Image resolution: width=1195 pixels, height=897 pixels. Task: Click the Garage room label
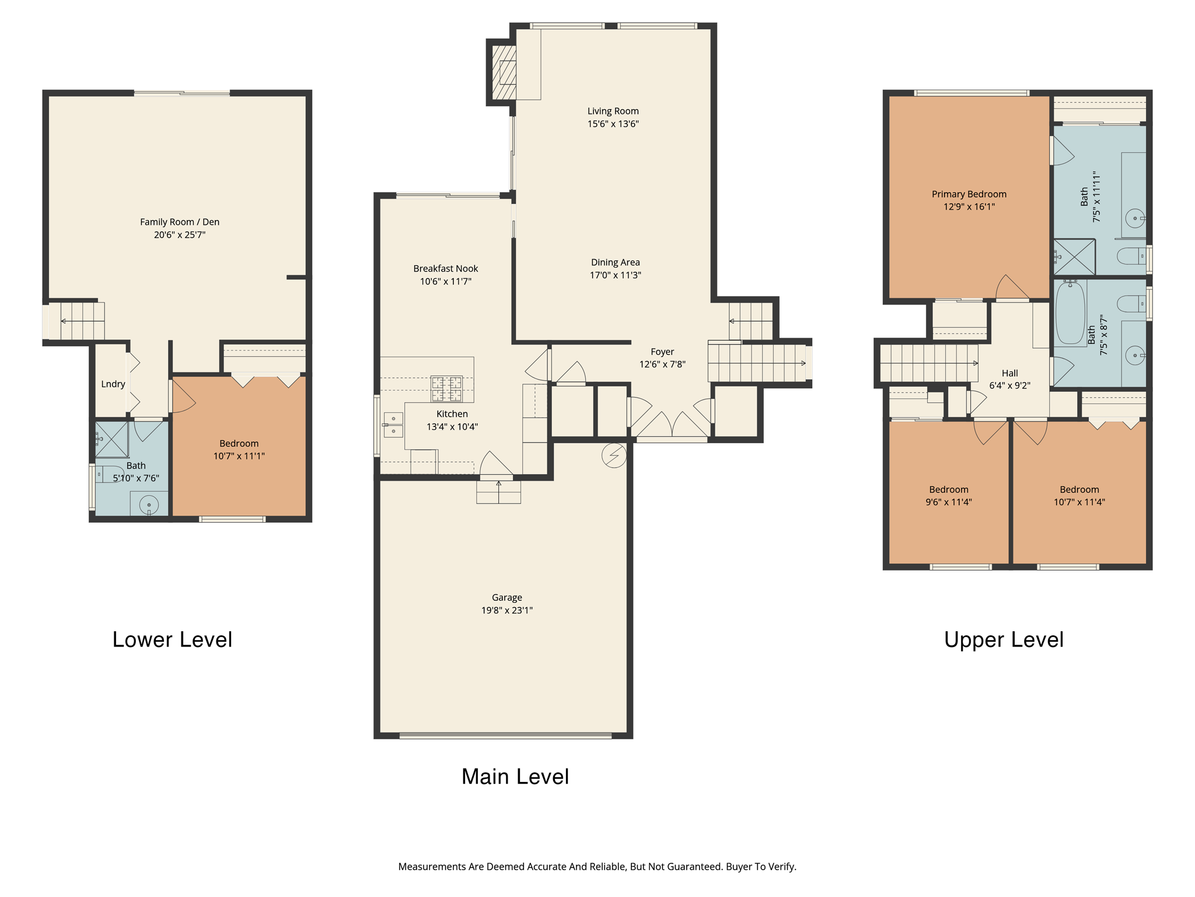[x=506, y=597]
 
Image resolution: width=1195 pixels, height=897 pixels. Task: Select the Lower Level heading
[x=172, y=639]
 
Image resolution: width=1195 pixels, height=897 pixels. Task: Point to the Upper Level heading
[x=1004, y=639]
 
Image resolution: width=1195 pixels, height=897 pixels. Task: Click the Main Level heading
[x=515, y=776]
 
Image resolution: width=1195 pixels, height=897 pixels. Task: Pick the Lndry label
[x=113, y=384]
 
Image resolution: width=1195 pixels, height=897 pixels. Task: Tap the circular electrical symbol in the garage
[x=614, y=456]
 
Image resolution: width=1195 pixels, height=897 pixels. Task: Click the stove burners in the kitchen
[x=446, y=389]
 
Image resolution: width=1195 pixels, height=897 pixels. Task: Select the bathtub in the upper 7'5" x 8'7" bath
[x=1070, y=313]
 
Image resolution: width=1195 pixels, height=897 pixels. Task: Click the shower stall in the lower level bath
[x=111, y=439]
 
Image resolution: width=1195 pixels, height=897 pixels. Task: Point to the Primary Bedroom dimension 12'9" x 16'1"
[x=969, y=207]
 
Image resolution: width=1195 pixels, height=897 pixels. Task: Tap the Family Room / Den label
[x=180, y=222]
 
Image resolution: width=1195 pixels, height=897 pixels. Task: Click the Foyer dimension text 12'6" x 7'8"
[x=662, y=364]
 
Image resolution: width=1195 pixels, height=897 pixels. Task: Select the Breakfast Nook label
[x=445, y=269]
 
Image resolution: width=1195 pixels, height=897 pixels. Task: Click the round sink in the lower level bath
[x=149, y=505]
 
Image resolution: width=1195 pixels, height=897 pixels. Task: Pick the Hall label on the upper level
[x=1009, y=373]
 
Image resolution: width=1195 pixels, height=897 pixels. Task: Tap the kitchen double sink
[x=393, y=425]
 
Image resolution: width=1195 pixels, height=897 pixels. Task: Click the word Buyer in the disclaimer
[x=739, y=867]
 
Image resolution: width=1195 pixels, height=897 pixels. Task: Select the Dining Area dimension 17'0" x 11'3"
[x=615, y=275]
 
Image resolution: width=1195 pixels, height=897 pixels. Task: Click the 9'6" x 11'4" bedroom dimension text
[x=948, y=502]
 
